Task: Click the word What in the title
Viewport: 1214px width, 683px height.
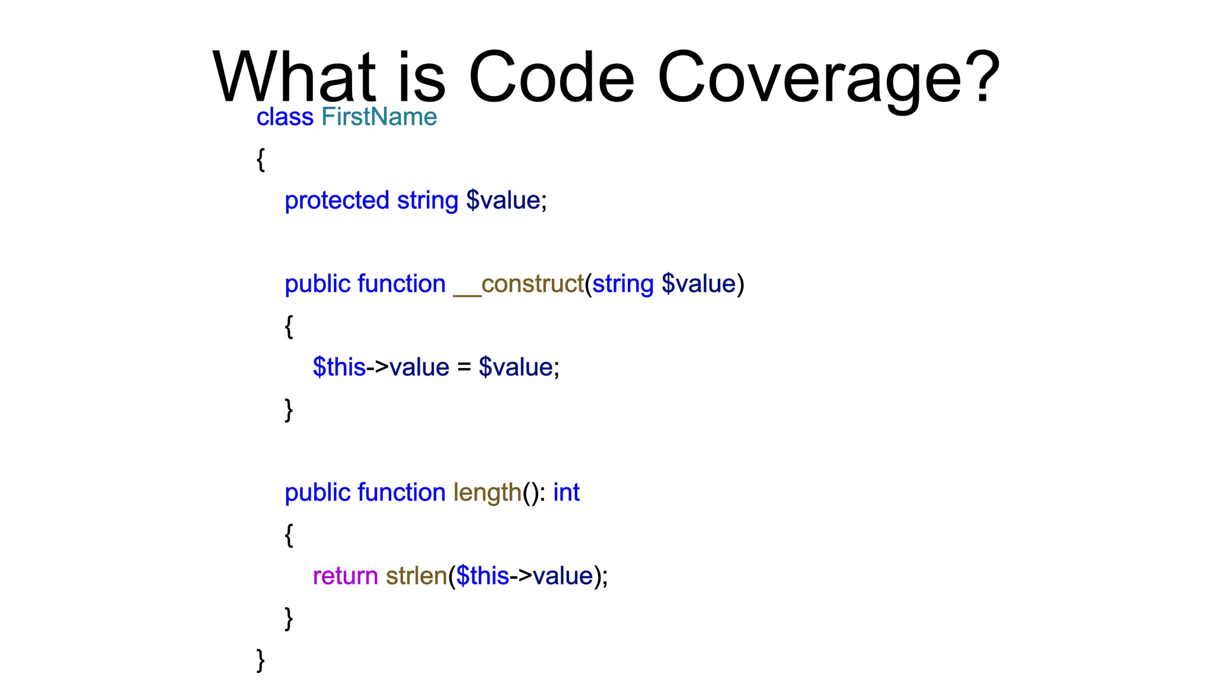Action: click(x=294, y=77)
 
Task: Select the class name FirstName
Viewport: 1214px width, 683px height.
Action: click(x=379, y=117)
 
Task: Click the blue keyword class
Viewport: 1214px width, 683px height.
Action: click(x=285, y=117)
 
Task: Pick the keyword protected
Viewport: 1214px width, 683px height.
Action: click(x=337, y=200)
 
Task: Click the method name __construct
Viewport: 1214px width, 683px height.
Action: click(x=519, y=284)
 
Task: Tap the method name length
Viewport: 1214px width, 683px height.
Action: click(x=487, y=493)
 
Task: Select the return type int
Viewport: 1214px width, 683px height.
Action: click(x=566, y=493)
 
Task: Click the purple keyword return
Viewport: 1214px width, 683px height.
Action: click(x=345, y=576)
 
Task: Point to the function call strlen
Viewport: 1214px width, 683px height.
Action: click(x=416, y=576)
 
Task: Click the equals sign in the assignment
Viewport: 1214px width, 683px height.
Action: click(x=464, y=368)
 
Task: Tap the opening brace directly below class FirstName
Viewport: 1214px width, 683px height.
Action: click(x=260, y=159)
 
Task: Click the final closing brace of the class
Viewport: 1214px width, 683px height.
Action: click(x=260, y=660)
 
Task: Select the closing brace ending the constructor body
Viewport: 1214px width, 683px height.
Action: click(x=289, y=409)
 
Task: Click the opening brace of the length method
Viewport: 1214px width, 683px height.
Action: click(x=289, y=535)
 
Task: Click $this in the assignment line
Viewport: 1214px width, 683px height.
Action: click(x=339, y=368)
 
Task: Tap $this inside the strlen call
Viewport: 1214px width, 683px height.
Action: click(x=483, y=576)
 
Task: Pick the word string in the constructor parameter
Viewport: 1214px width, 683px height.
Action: click(x=622, y=284)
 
